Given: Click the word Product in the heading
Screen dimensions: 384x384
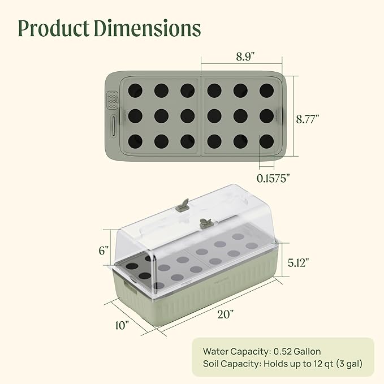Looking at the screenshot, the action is point(54,28).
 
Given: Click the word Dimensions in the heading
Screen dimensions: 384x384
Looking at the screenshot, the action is point(148,28).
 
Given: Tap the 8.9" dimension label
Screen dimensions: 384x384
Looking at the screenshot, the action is point(245,57).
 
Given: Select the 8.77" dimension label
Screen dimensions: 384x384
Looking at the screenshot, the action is point(308,119).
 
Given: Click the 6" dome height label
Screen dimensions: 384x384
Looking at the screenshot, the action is point(103,251).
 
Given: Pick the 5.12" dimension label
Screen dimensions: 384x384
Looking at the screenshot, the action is point(298,262).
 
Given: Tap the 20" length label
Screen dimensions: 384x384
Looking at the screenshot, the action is point(226,314).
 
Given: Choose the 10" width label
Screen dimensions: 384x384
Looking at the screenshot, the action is point(122,325).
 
